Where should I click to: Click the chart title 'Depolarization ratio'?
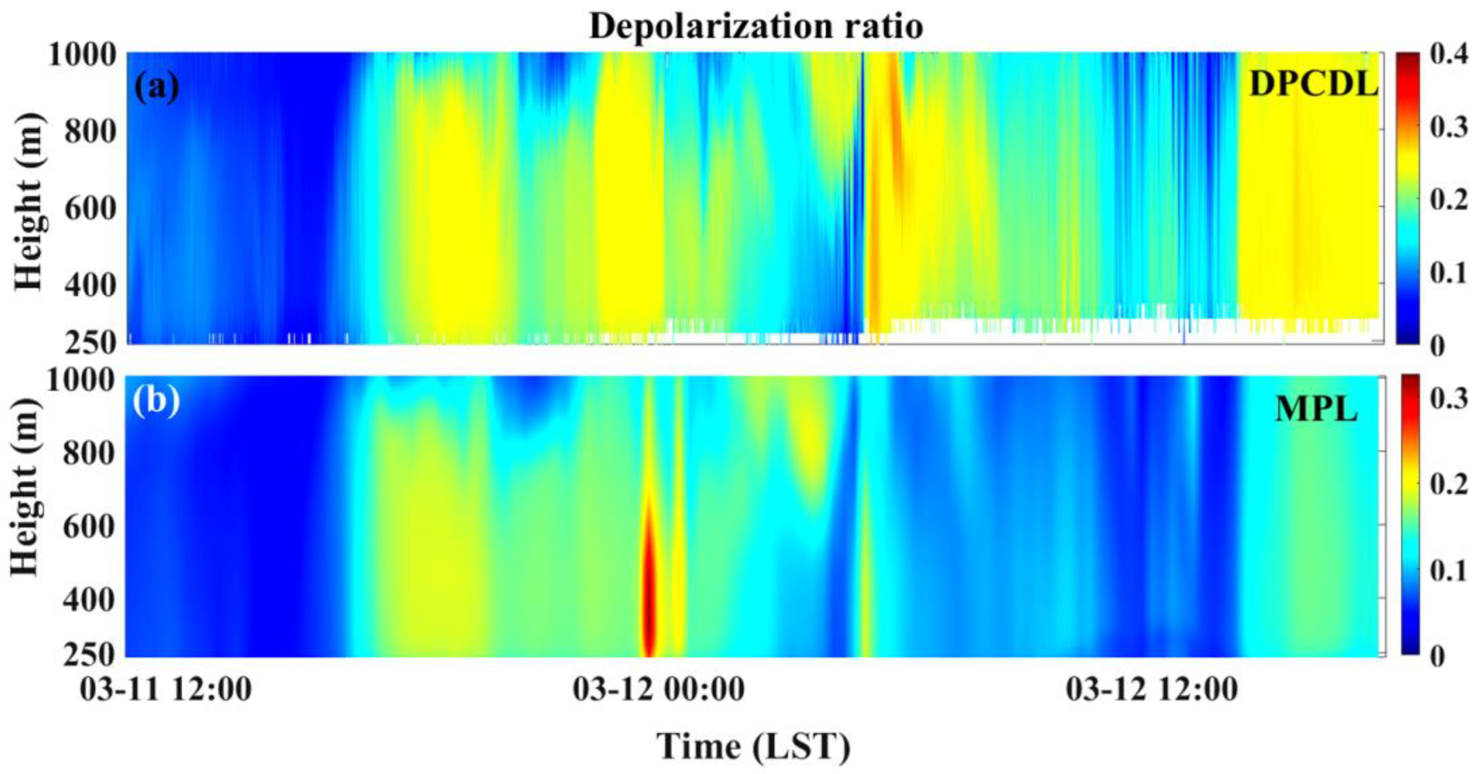point(755,26)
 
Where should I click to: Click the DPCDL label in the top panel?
point(1313,85)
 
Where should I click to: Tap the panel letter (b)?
point(156,400)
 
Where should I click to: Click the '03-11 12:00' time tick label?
point(166,689)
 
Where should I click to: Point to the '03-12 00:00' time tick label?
point(659,689)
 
